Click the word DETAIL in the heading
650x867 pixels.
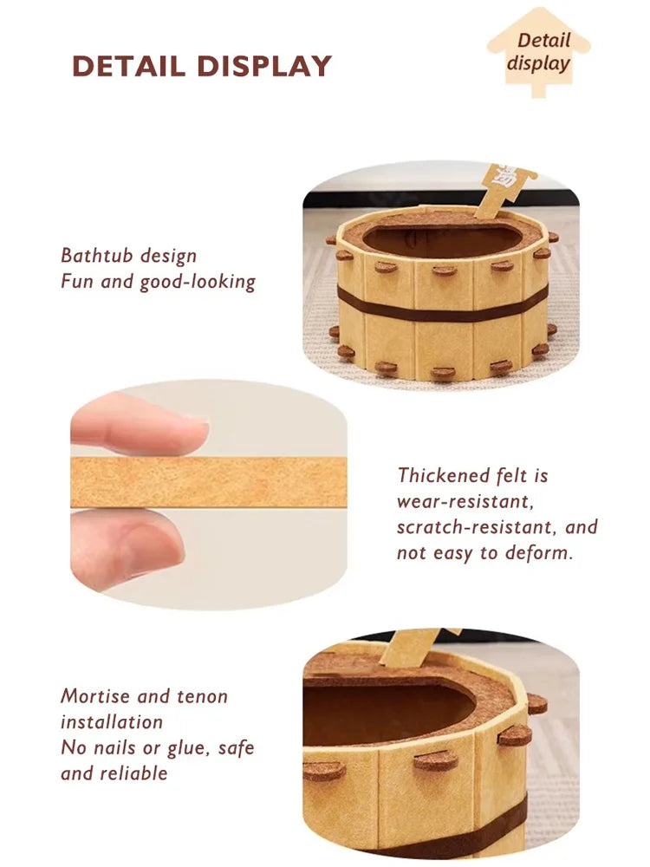[x=129, y=66]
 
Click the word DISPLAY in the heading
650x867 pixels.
[x=264, y=66]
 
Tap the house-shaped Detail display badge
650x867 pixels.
[x=538, y=51]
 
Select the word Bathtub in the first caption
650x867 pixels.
[x=95, y=256]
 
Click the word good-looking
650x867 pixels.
[x=198, y=283]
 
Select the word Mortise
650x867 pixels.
[x=94, y=696]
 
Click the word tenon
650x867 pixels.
[x=202, y=696]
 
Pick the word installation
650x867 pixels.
[x=112, y=722]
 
